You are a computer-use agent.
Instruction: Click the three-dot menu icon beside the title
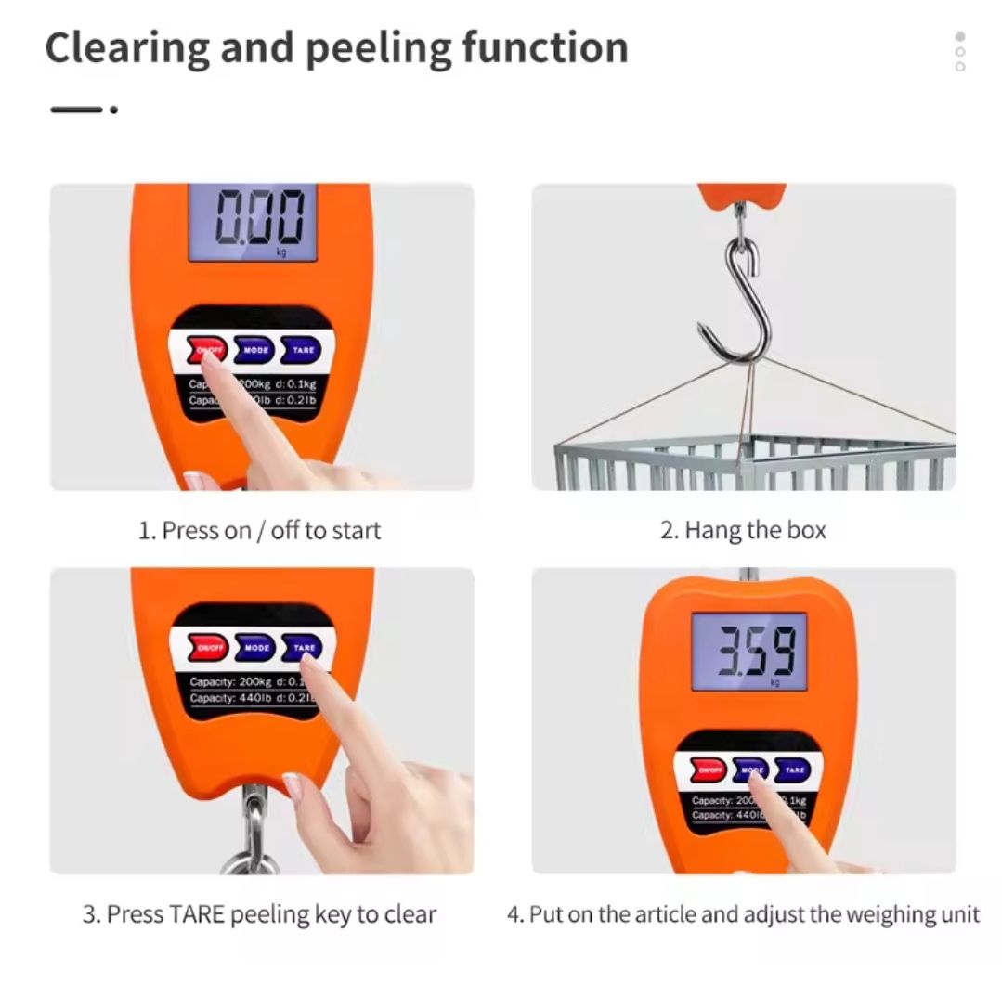(959, 51)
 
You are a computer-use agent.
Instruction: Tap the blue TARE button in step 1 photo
(303, 350)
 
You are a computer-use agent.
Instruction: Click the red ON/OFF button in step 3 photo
(209, 647)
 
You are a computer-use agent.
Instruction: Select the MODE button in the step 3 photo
(255, 647)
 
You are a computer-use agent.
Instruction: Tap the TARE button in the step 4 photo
(794, 770)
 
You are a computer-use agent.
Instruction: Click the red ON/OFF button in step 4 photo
(709, 770)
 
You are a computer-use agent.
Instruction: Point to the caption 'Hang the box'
(743, 530)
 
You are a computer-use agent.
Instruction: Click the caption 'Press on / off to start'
(260, 530)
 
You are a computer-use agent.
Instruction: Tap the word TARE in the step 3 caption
(199, 913)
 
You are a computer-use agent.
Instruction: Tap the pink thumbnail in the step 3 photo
(293, 785)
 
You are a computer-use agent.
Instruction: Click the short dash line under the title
(76, 109)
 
